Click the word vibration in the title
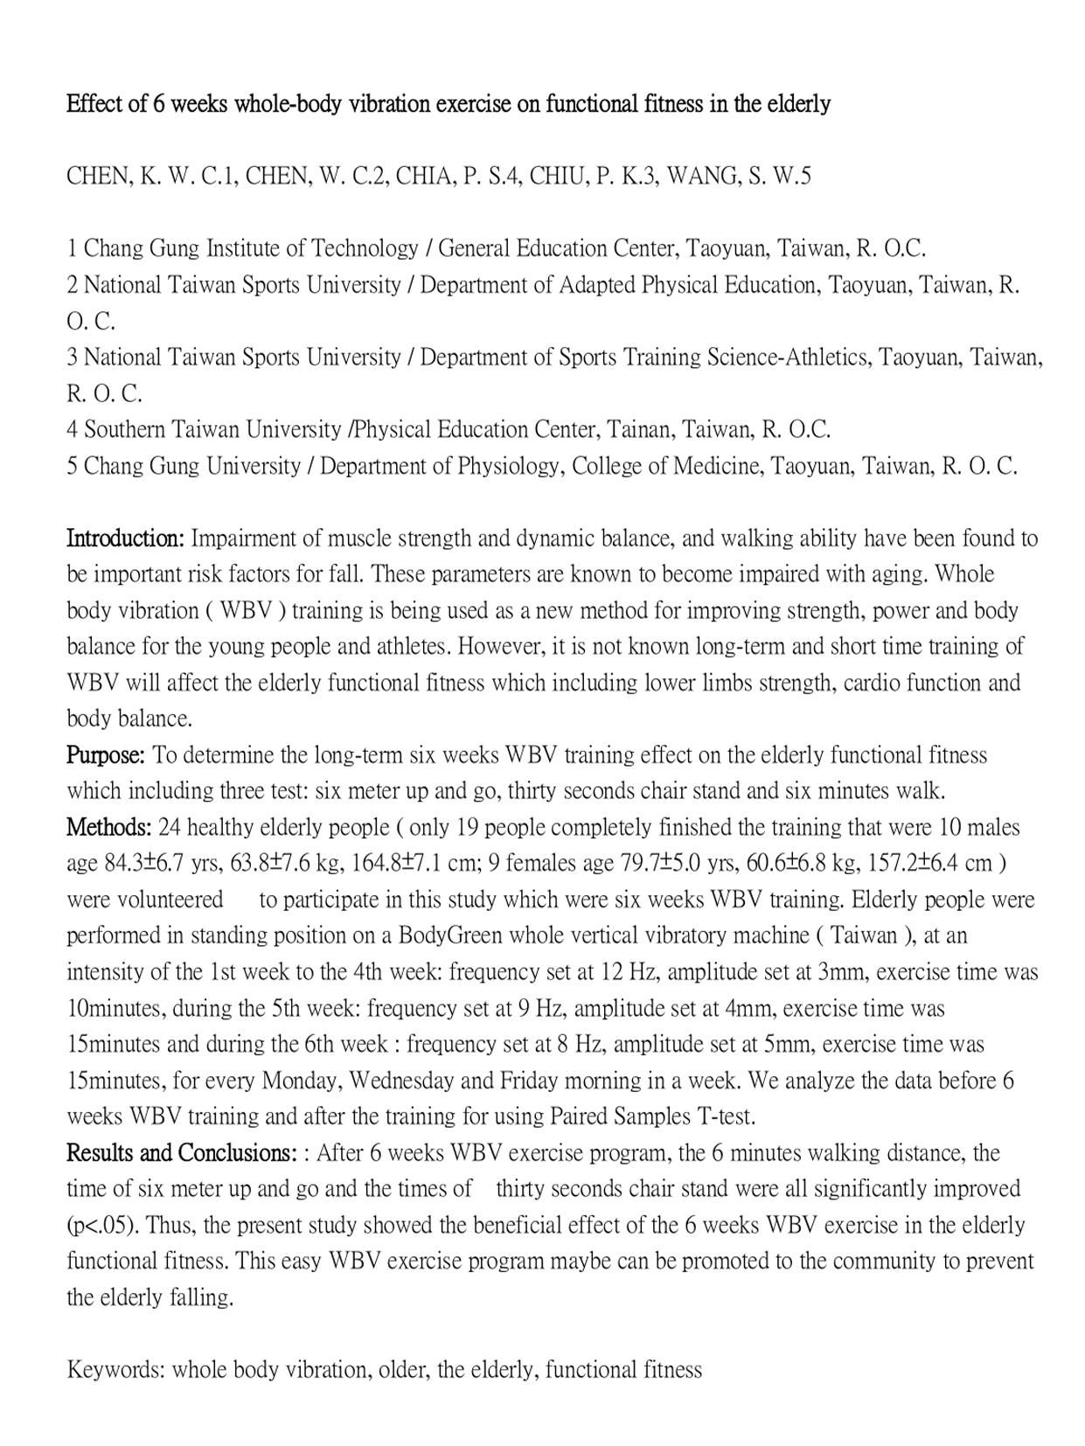(389, 104)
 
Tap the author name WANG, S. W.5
(739, 176)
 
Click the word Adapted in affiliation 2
(597, 285)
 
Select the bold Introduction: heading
(125, 539)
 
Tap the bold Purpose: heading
(106, 755)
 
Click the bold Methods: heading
(109, 827)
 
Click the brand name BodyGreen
(450, 936)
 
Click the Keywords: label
(116, 1370)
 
